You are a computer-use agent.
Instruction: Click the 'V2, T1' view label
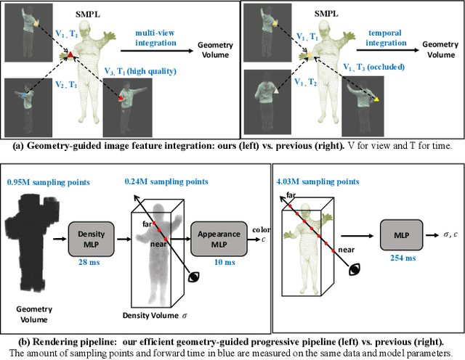63,86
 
